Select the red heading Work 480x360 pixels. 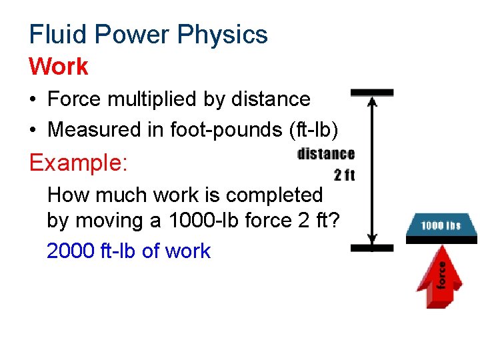click(x=59, y=67)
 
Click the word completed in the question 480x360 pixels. click(x=274, y=195)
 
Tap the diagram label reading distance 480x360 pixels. click(x=326, y=154)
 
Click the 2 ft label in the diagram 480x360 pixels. click(x=344, y=176)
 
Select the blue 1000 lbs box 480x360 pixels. click(x=441, y=225)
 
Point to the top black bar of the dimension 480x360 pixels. click(x=372, y=93)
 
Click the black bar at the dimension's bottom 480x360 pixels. click(x=372, y=248)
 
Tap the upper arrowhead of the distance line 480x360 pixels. click(x=372, y=102)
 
